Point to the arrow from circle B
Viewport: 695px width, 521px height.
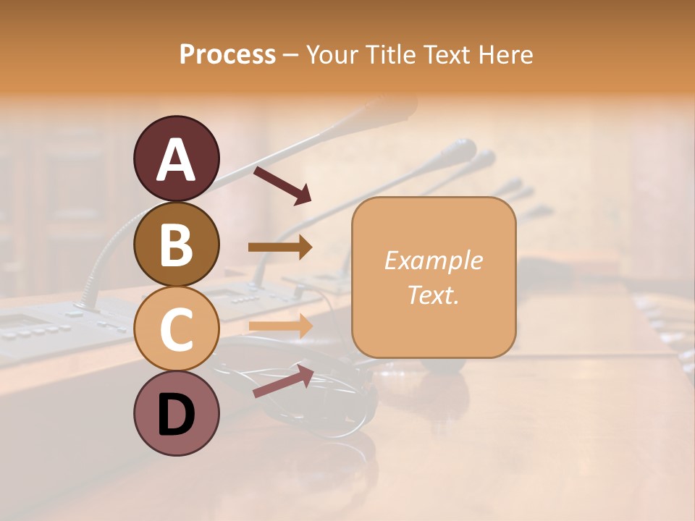280,247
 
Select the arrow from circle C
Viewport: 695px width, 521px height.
280,326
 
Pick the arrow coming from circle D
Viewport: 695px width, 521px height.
282,381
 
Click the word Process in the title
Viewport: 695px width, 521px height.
227,55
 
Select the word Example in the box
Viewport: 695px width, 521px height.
433,260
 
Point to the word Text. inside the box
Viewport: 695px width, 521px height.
433,295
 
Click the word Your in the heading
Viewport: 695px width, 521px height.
332,55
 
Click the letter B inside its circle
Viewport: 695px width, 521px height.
176,245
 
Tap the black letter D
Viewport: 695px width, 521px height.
176,415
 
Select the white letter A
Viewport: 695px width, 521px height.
176,159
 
